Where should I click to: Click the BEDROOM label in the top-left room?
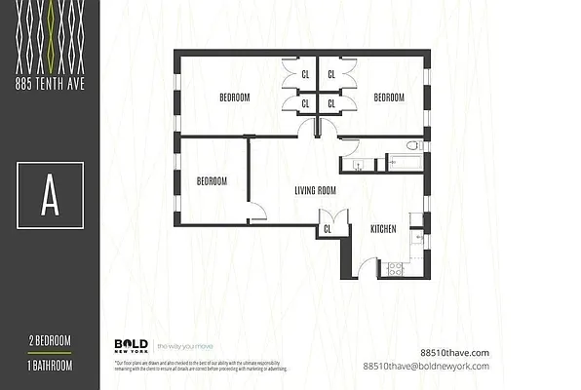[234, 97]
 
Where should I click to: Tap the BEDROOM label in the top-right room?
[389, 97]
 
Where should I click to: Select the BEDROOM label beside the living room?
[212, 181]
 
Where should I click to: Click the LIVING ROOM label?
[315, 191]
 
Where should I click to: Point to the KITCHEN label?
[382, 229]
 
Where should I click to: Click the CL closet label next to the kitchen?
[327, 230]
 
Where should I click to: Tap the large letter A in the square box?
[50, 198]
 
